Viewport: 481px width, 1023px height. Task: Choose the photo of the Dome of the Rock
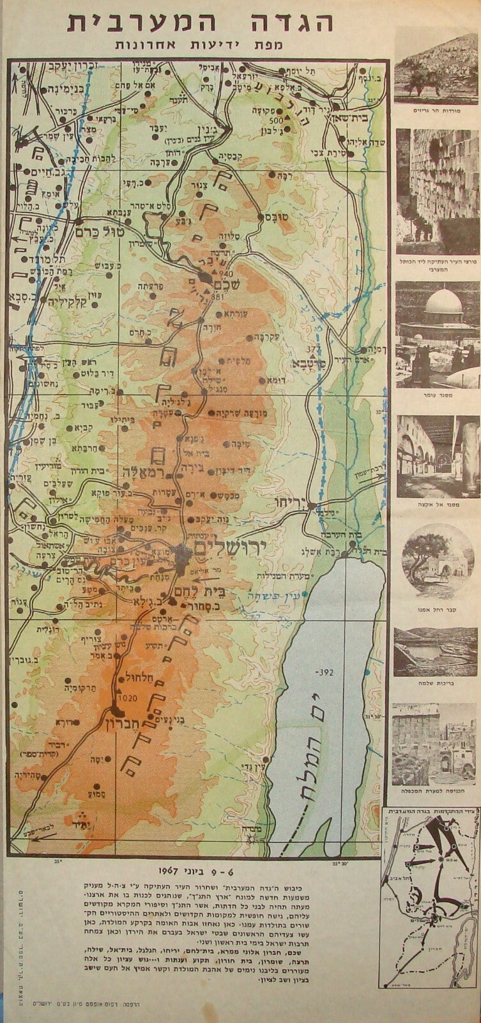click(438, 334)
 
